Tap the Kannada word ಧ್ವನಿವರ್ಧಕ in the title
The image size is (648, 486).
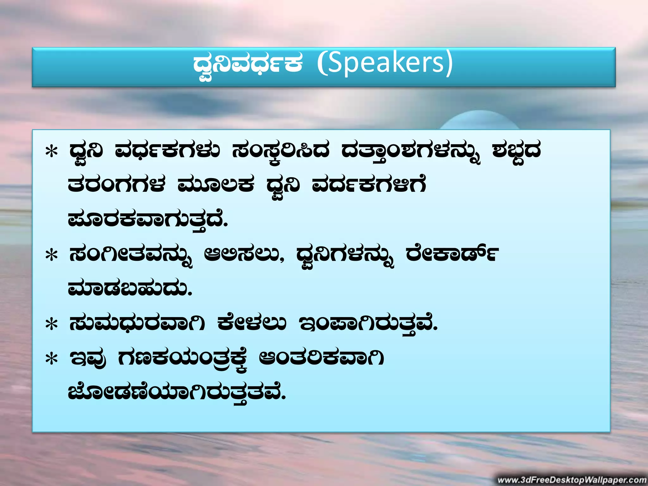pyautogui.click(x=248, y=63)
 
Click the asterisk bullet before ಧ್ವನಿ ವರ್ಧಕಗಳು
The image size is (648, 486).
pyautogui.click(x=52, y=151)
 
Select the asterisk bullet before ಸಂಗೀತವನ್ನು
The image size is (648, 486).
pyautogui.click(x=52, y=255)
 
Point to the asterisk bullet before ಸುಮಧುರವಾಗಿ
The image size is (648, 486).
pyautogui.click(x=52, y=324)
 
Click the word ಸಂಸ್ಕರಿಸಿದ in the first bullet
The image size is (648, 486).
pyautogui.click(x=281, y=151)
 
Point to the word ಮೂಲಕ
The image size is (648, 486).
pyautogui.click(x=216, y=185)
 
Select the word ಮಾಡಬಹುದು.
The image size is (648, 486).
pyautogui.click(x=130, y=289)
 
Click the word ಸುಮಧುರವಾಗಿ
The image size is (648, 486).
pyautogui.click(x=137, y=323)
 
